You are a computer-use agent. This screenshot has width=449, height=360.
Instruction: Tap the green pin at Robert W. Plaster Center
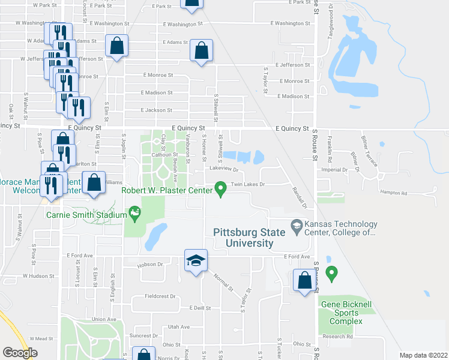point(221,189)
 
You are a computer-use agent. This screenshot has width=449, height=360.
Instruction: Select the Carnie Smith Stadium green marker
point(134,213)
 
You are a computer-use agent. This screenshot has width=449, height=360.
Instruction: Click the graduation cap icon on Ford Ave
point(196,261)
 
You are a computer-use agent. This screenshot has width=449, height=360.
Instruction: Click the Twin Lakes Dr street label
point(247,185)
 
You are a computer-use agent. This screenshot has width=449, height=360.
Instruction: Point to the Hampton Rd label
point(394,193)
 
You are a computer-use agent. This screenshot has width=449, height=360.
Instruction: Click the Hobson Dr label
point(151,264)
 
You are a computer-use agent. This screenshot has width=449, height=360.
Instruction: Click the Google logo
point(20,353)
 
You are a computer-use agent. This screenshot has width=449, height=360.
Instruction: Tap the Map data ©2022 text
point(423,355)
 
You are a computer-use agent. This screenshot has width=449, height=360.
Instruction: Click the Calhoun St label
point(166,154)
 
